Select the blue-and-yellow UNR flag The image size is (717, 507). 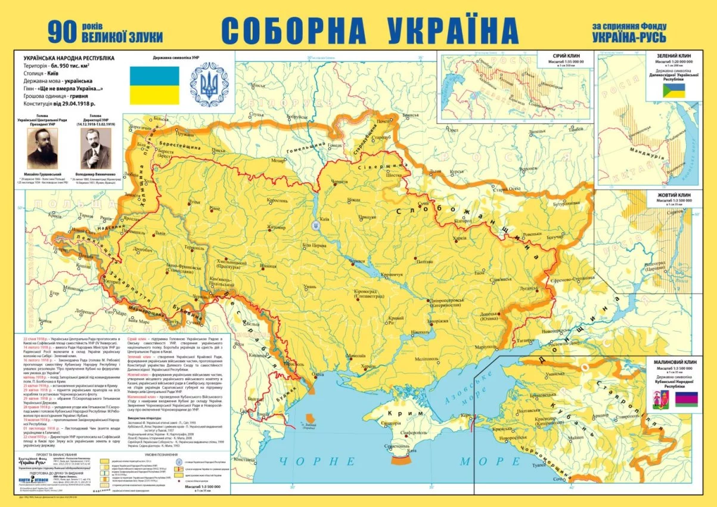[x=154, y=83]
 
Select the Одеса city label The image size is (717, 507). [x=319, y=375]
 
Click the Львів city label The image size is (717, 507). [x=157, y=233]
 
